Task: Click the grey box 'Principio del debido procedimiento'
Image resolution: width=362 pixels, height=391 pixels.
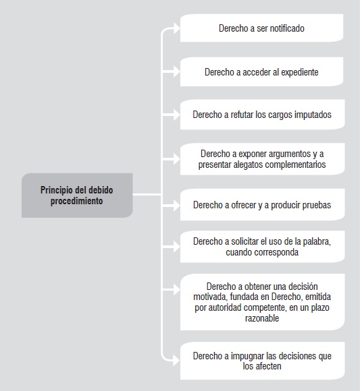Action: (x=77, y=195)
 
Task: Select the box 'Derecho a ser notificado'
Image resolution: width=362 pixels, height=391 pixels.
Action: (x=261, y=28)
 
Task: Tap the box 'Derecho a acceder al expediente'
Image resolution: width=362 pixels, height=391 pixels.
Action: (x=261, y=72)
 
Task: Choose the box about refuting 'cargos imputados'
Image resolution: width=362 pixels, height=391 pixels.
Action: (x=262, y=115)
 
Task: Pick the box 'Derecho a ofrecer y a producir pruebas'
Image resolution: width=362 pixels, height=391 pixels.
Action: (x=262, y=205)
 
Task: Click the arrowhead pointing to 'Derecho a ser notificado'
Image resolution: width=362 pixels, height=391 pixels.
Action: (x=177, y=28)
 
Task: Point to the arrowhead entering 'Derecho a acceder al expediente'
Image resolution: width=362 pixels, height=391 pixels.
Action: (x=177, y=72)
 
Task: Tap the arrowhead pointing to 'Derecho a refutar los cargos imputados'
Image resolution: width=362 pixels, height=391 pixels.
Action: (x=177, y=115)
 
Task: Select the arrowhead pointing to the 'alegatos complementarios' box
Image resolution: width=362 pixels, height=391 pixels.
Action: (x=177, y=159)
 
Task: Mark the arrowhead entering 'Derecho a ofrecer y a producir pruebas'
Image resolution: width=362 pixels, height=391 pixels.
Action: (x=177, y=205)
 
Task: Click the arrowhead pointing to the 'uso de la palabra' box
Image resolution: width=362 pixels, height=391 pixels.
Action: (x=177, y=247)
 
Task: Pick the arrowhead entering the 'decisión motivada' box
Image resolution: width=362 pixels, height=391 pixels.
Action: (x=177, y=290)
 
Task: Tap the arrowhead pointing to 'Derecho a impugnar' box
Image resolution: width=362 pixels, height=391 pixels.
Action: (x=177, y=361)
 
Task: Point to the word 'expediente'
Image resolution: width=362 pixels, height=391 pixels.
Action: (x=300, y=72)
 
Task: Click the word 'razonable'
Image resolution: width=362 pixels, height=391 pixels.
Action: (x=262, y=318)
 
